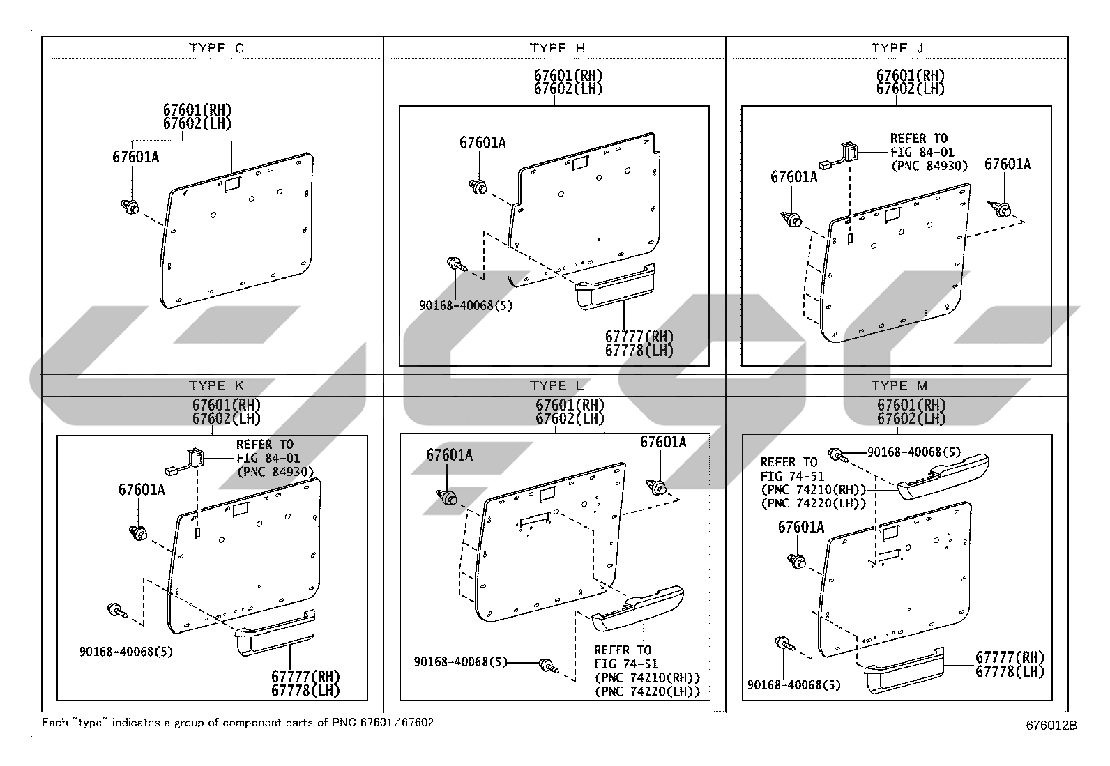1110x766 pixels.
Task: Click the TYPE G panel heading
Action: tap(217, 48)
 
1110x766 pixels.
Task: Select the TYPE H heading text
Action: tap(558, 48)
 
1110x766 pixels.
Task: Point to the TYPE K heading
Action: tap(217, 385)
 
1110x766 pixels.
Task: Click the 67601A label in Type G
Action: tap(135, 157)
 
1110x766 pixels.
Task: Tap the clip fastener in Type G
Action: tap(130, 206)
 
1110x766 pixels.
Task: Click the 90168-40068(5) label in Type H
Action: tap(466, 305)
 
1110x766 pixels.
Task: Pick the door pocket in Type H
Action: tap(615, 286)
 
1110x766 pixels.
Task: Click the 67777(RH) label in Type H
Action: tap(639, 337)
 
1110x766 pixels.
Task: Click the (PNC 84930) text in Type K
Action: tap(275, 472)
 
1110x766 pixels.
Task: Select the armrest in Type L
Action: tap(638, 608)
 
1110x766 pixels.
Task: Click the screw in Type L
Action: tap(549, 666)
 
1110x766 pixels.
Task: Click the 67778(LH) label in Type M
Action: tap(1010, 671)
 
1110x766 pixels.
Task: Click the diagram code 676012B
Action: tap(1051, 726)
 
